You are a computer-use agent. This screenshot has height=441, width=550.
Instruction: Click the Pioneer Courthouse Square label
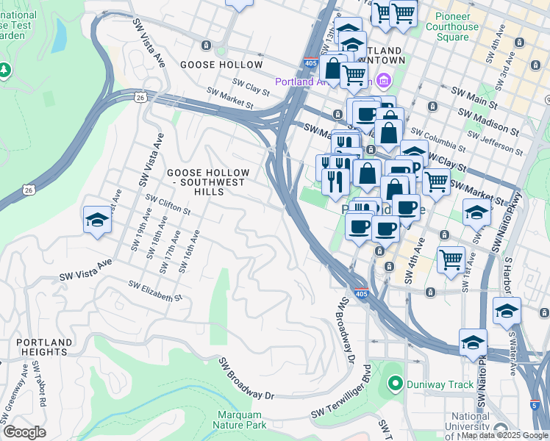coord(467,27)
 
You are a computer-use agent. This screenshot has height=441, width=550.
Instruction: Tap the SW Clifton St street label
coord(168,204)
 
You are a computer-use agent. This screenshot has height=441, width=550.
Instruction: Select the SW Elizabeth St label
coord(154,291)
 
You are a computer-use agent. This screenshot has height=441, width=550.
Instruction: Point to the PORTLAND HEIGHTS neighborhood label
coord(44,348)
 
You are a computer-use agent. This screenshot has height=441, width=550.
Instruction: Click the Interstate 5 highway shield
coord(535,404)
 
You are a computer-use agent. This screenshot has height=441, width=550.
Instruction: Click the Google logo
coord(24,432)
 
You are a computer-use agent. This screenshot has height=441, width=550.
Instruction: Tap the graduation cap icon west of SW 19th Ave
coord(97,219)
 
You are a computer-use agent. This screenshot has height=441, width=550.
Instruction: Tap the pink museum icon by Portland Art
coord(382,80)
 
